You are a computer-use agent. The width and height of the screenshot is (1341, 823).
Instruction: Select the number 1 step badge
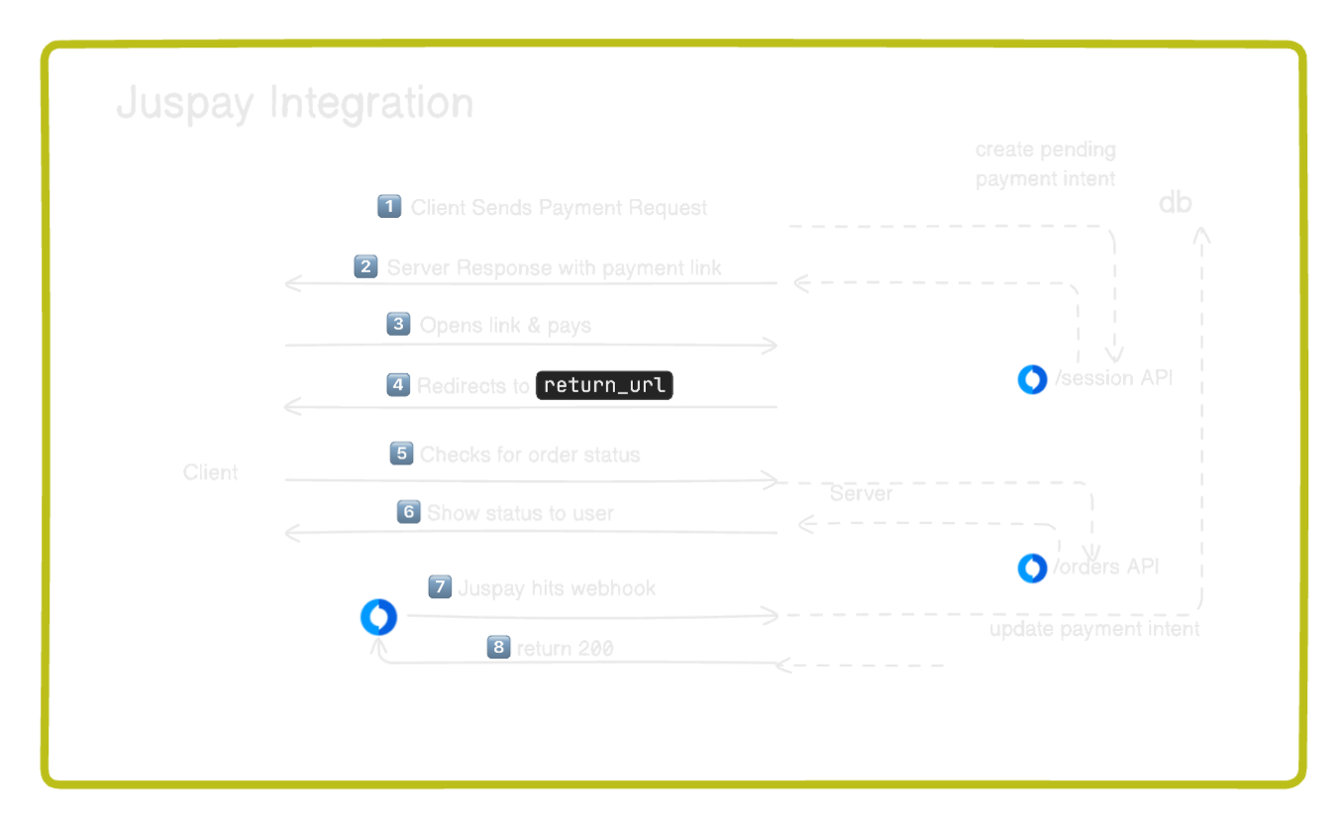389,206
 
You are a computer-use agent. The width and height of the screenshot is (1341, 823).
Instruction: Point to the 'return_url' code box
603,385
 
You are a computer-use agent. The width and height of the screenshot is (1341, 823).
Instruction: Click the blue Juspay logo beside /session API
1032,379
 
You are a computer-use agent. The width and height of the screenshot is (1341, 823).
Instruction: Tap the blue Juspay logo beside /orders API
1032,567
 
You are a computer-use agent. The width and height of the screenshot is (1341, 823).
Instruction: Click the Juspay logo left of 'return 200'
378,618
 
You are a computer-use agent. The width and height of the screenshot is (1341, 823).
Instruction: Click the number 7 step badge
439,587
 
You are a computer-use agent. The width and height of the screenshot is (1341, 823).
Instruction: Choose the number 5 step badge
401,454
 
